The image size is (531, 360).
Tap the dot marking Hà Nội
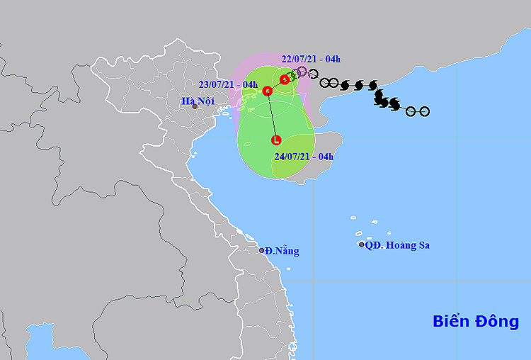(x=195, y=107)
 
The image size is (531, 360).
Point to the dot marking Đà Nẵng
(x=261, y=250)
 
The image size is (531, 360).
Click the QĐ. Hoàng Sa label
(x=399, y=245)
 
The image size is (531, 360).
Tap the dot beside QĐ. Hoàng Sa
(x=362, y=244)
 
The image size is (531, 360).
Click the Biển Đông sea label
(x=476, y=321)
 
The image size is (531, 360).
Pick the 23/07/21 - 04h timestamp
(x=228, y=84)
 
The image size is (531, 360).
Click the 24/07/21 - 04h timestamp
(x=303, y=155)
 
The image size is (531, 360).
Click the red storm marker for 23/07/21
(x=268, y=91)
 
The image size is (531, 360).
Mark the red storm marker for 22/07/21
(x=285, y=79)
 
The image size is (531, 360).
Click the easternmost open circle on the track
(x=424, y=111)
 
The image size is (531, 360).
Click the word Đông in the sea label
(x=496, y=321)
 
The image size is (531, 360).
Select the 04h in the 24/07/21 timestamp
(x=325, y=155)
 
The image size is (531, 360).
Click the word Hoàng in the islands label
(x=400, y=245)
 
